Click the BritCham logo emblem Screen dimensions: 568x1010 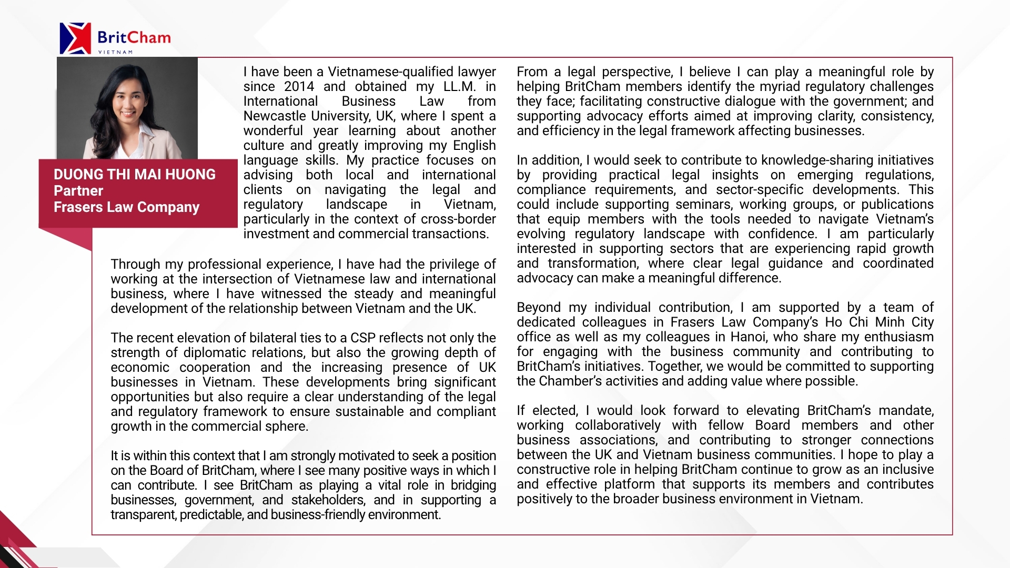coord(75,38)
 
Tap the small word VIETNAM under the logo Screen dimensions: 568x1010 coord(115,52)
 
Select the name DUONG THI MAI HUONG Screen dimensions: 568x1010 coord(135,175)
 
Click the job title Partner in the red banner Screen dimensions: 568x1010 coord(78,191)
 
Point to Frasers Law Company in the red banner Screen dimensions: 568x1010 coord(126,207)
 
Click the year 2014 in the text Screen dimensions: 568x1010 coord(299,87)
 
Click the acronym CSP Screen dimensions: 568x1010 coord(363,338)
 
